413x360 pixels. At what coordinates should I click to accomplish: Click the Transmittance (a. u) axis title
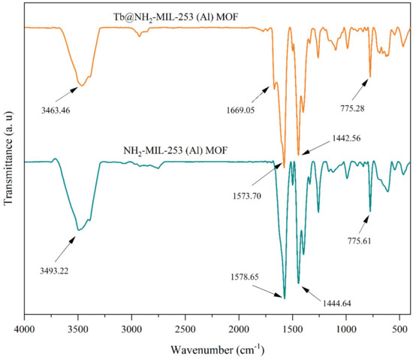pyautogui.click(x=9, y=163)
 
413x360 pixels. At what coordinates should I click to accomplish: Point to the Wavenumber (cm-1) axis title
pyautogui.click(x=217, y=350)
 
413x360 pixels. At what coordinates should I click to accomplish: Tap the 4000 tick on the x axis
pyautogui.click(x=25, y=329)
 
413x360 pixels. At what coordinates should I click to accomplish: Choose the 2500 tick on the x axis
pyautogui.click(x=185, y=329)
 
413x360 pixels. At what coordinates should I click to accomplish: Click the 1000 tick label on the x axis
pyautogui.click(x=346, y=329)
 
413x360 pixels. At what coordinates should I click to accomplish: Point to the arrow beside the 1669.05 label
pyautogui.click(x=262, y=95)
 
